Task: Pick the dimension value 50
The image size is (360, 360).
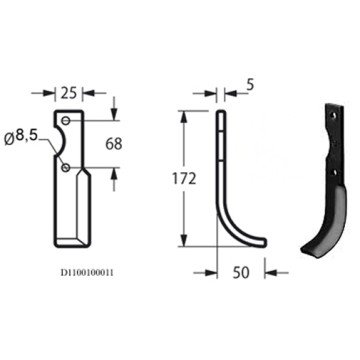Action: tap(240, 271)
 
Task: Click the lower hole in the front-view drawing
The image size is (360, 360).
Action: tap(67, 171)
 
